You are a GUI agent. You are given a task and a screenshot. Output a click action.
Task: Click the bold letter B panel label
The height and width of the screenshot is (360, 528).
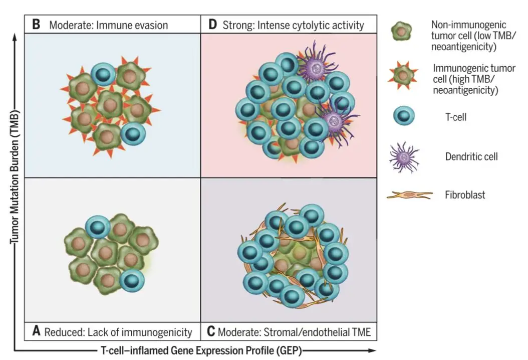(x=36, y=25)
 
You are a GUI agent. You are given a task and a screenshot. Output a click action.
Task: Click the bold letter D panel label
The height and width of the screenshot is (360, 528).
(x=212, y=25)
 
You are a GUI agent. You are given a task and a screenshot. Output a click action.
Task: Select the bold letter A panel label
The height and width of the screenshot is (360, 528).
(x=37, y=331)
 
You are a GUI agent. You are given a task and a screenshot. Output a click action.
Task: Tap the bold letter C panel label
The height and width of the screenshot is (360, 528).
(x=211, y=331)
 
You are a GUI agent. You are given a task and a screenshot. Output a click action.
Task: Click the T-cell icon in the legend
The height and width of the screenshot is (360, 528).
(x=404, y=116)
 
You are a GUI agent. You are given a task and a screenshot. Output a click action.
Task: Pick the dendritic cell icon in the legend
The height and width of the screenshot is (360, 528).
(x=404, y=157)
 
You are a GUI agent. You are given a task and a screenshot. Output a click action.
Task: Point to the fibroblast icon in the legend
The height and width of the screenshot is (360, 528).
(x=409, y=195)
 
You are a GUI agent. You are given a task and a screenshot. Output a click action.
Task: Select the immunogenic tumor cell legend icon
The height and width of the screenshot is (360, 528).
(x=403, y=76)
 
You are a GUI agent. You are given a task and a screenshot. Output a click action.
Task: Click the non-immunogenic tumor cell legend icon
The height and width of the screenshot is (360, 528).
(x=401, y=32)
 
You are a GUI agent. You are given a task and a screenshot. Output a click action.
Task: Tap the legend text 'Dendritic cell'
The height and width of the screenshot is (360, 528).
(x=471, y=157)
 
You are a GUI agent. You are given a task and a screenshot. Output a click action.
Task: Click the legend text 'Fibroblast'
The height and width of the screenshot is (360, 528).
(x=465, y=195)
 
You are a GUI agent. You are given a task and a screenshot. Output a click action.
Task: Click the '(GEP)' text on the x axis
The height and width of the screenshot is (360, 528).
(x=289, y=350)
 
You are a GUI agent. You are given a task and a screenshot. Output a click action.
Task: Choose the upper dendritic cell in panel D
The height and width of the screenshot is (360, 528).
(x=316, y=66)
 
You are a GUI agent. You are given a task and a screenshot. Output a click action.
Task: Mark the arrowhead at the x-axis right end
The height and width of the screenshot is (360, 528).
(x=372, y=350)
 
